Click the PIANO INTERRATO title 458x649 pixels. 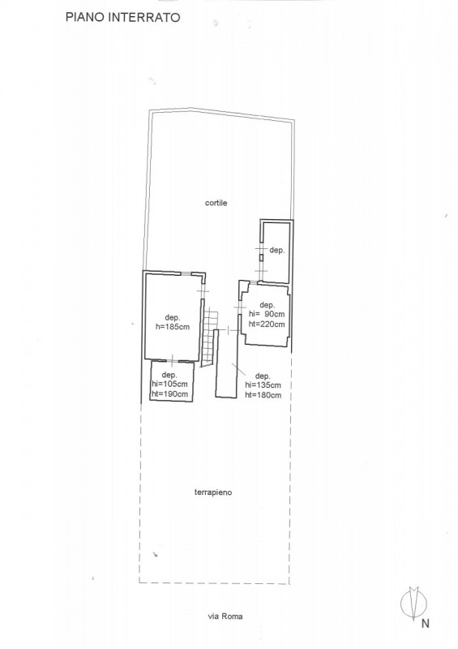coord(123,17)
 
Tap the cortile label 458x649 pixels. coord(216,203)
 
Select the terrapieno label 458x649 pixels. coord(213,492)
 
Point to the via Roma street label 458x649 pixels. coord(225,617)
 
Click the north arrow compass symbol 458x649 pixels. coord(413,604)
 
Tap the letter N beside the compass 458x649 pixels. coord(425,623)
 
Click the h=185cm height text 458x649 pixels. coord(173,327)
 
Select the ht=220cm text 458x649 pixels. coord(267,324)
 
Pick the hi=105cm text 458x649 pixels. coord(169,384)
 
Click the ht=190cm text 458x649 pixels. coord(169,394)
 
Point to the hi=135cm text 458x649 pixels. coord(263,385)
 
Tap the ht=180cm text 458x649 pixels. coord(263,395)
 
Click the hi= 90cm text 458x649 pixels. coord(267,315)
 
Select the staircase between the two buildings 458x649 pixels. coord(210,336)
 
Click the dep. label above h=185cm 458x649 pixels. coord(173,318)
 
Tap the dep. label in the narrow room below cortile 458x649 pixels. coord(276,251)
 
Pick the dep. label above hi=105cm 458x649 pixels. coord(169,375)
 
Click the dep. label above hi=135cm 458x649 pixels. coord(263,376)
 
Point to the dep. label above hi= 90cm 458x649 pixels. coord(267,306)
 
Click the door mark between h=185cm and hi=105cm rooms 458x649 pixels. coord(173,359)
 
